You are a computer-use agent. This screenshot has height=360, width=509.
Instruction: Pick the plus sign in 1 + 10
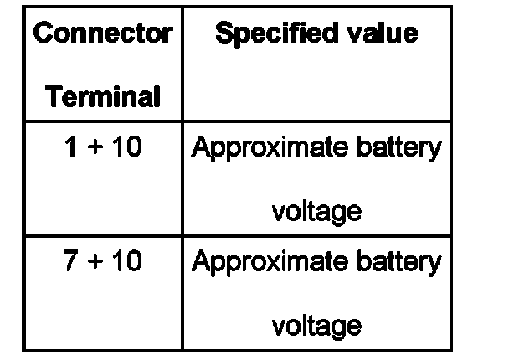95,148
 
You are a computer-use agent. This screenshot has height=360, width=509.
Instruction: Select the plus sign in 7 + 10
95,262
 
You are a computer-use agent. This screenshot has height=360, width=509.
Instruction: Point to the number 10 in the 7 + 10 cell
126,261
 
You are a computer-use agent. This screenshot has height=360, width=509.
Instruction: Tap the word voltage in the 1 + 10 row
316,211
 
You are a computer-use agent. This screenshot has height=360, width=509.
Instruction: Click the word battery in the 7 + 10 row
396,262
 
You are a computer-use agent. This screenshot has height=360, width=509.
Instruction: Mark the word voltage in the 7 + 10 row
316,325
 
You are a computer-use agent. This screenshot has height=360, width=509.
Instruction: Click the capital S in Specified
224,34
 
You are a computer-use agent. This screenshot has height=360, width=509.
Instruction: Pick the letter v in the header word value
356,36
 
